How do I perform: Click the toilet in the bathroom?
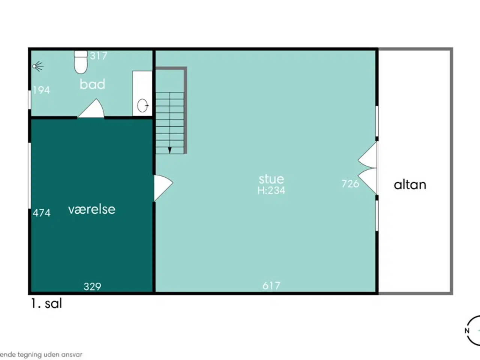point(81,62)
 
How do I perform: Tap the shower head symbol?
point(38,66)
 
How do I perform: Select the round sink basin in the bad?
point(142,106)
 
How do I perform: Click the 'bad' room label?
point(92,84)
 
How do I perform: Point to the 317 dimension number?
point(99,56)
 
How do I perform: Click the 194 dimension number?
point(41,90)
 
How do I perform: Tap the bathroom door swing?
point(91,108)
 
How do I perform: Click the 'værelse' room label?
point(92,209)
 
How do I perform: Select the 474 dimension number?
point(42,213)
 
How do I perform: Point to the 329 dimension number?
point(92,286)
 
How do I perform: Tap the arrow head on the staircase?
point(170,150)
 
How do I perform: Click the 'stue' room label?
point(271,179)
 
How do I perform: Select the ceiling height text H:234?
point(271,190)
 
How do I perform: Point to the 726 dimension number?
point(350,184)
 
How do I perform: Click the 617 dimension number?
point(271,286)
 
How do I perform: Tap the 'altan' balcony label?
point(410,185)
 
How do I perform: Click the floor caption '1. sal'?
point(46,303)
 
